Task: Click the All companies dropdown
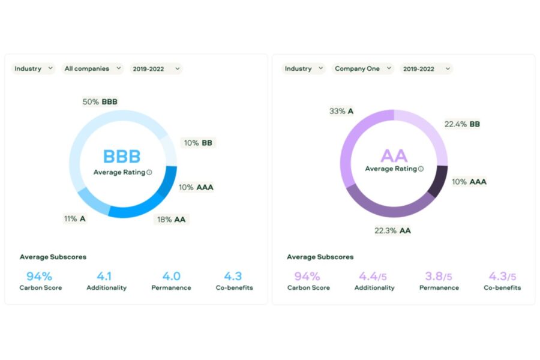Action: [92, 68]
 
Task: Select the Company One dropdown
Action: [363, 68]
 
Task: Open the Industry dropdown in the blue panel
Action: [33, 68]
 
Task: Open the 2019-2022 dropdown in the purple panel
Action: [427, 68]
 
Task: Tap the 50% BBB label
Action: [100, 101]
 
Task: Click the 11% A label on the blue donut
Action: [75, 219]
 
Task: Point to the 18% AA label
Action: [171, 220]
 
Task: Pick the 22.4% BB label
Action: [462, 124]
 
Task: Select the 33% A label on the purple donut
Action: [341, 111]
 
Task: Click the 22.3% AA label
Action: [392, 230]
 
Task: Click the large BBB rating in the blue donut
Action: [122, 157]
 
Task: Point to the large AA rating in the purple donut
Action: [394, 156]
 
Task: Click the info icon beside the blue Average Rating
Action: [149, 172]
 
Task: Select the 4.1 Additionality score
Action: [104, 276]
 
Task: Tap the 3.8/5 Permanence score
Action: [439, 276]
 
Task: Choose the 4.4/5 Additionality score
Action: [373, 276]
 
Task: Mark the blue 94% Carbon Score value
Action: [39, 276]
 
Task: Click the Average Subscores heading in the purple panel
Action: [320, 257]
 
